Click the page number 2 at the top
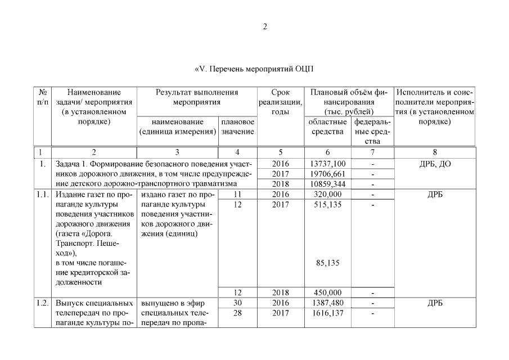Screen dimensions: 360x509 tap(265, 27)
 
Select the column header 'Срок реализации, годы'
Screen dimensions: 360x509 tap(280, 102)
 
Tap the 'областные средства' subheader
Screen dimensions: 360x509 tap(327, 127)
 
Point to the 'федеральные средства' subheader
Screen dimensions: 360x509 tap(372, 131)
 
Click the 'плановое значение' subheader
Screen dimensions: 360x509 tap(237, 127)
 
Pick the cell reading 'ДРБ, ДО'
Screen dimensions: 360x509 tap(435, 164)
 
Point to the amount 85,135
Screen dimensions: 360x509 tap(327, 262)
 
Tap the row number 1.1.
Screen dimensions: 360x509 tap(42, 194)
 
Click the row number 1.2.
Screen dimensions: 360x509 tap(42, 303)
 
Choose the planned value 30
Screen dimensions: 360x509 tap(237, 303)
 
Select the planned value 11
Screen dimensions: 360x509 tap(237, 194)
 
